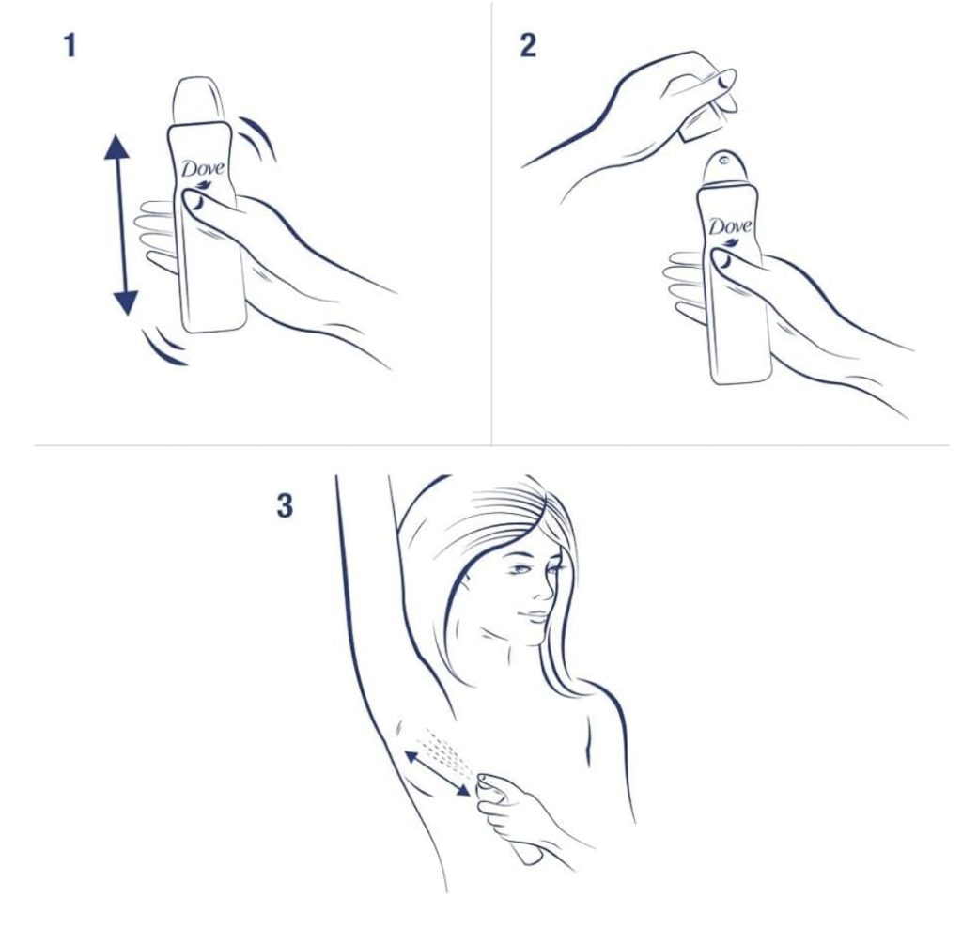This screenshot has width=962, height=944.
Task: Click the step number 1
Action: [70, 46]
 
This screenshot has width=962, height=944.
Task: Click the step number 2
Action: [528, 46]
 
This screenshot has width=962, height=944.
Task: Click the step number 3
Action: [284, 506]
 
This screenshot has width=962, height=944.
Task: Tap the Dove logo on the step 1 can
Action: [203, 170]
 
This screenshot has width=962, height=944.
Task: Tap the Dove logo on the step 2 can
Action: [730, 227]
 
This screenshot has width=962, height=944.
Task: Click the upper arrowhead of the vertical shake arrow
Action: [116, 147]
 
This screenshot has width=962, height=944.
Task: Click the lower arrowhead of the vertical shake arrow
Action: [126, 302]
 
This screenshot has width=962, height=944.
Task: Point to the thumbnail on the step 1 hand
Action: [195, 201]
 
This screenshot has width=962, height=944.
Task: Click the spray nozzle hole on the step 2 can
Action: [725, 161]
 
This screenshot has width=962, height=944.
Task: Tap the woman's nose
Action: [542, 589]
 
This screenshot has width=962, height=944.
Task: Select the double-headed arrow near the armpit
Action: [438, 773]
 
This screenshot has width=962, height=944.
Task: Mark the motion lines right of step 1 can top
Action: [257, 137]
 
